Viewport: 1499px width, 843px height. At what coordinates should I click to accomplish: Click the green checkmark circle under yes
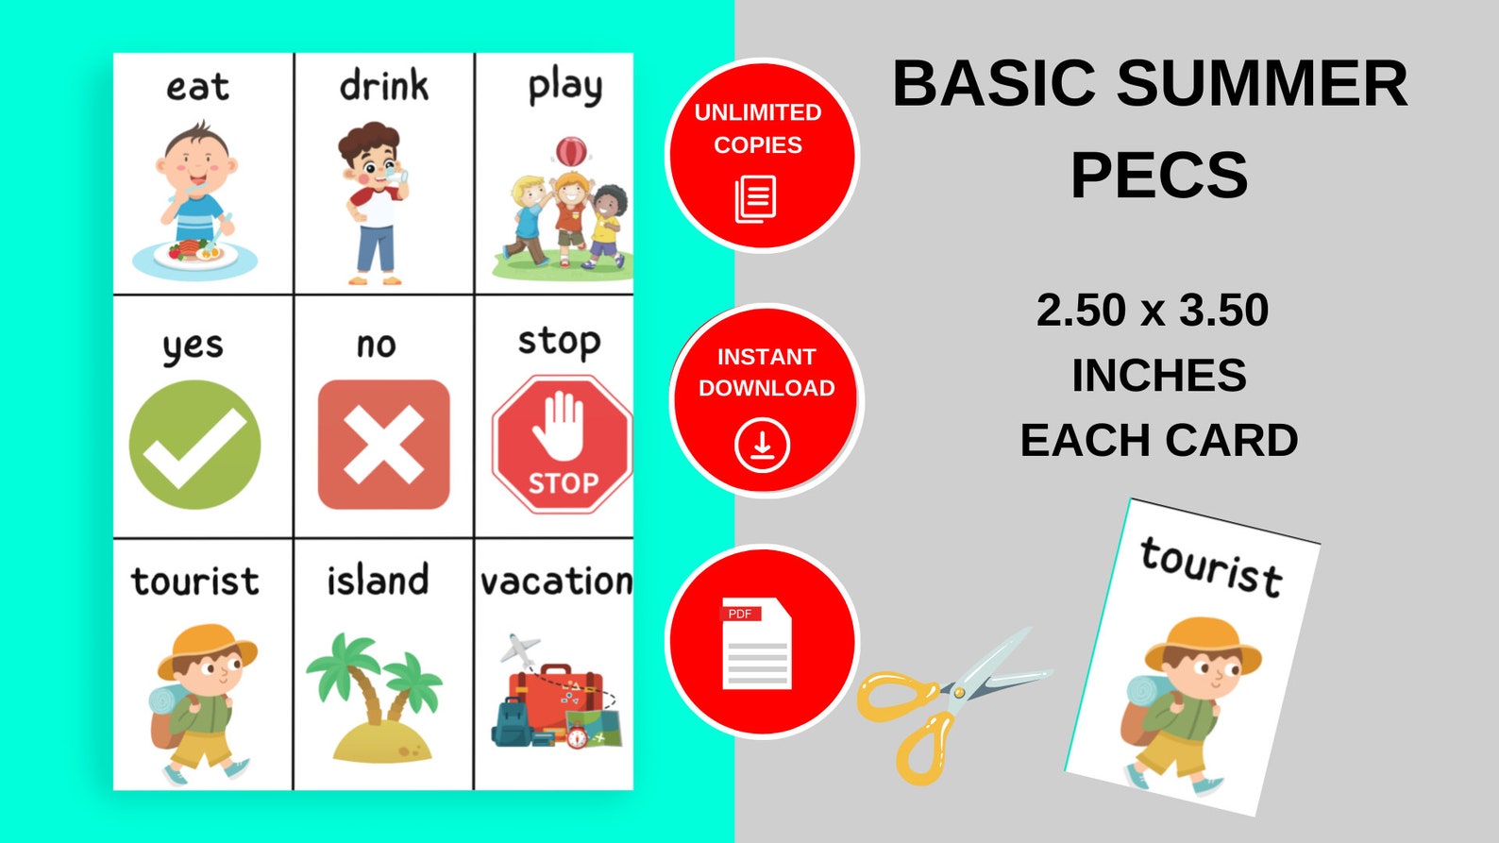coord(194,445)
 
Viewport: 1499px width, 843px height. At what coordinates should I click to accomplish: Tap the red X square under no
coord(383,445)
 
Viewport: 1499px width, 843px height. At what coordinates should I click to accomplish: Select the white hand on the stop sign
coord(559,425)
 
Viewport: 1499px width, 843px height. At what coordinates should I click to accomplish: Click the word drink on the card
coord(383,86)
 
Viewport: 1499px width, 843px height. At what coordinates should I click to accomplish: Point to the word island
coord(378,580)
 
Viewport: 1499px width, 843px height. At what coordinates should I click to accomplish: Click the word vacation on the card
coord(556,581)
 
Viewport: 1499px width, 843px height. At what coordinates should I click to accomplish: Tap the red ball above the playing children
coord(571,151)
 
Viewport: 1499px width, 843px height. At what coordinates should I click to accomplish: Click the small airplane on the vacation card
coord(519,649)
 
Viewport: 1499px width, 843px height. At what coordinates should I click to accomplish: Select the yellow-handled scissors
coord(944,703)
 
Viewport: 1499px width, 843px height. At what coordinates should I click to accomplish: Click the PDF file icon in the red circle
coord(756,643)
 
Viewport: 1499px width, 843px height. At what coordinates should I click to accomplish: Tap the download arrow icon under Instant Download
coord(762,445)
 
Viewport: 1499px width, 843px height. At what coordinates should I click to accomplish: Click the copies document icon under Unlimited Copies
coord(755,199)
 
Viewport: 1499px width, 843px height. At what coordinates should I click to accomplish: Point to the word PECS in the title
coord(1158,175)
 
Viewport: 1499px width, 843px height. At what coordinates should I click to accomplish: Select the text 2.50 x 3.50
coord(1152,311)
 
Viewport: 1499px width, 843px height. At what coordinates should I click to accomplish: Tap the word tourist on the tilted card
coord(1211,566)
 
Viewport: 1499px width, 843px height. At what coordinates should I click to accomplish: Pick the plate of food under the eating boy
coord(194,255)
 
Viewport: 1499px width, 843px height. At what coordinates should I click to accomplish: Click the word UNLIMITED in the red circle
coord(758,112)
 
